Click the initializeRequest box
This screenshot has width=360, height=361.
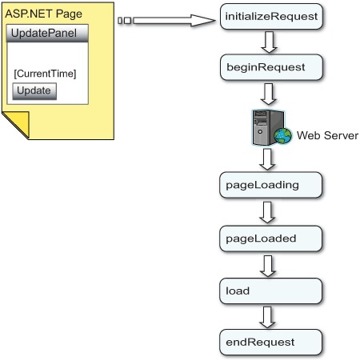pyautogui.click(x=271, y=16)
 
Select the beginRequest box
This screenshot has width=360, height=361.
pyautogui.click(x=271, y=67)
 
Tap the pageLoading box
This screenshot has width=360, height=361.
pyautogui.click(x=270, y=185)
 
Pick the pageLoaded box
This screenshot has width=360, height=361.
pyautogui.click(x=270, y=239)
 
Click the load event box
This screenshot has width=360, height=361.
pyautogui.click(x=270, y=291)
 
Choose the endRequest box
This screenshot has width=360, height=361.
pyautogui.click(x=270, y=343)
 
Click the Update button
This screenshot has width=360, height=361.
pyautogui.click(x=34, y=91)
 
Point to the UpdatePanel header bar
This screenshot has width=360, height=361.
pyautogui.click(x=47, y=34)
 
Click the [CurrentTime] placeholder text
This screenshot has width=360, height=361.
pyautogui.click(x=45, y=74)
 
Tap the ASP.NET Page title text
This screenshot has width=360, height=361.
pyautogui.click(x=43, y=14)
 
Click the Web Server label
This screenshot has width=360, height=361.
pyautogui.click(x=327, y=135)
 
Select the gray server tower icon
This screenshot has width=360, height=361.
pyautogui.click(x=266, y=127)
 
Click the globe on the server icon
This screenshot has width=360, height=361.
pyautogui.click(x=283, y=136)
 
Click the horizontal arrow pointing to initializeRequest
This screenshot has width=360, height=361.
pyautogui.click(x=166, y=21)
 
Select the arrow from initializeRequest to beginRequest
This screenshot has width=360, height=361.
pyautogui.click(x=269, y=42)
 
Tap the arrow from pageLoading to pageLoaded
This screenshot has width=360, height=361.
pyautogui.click(x=267, y=212)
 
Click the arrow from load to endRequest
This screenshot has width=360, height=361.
pyautogui.click(x=267, y=317)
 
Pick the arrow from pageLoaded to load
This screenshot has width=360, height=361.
pyautogui.click(x=268, y=266)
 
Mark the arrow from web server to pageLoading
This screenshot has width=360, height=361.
pyautogui.click(x=267, y=159)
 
